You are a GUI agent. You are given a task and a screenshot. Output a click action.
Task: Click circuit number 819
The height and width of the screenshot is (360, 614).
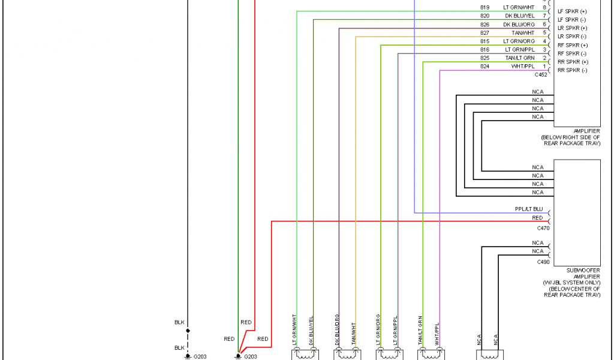tap(484, 7)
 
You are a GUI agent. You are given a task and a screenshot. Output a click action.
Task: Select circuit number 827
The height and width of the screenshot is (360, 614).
tap(484, 32)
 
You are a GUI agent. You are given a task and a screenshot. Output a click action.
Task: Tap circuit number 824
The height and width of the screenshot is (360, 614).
tap(484, 66)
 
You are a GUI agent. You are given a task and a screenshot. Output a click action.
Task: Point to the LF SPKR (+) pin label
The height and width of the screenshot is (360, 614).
tap(572, 11)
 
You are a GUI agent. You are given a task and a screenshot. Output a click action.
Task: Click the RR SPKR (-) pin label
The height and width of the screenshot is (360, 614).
tap(572, 70)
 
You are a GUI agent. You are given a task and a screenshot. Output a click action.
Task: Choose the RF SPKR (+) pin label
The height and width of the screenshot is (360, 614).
tap(572, 45)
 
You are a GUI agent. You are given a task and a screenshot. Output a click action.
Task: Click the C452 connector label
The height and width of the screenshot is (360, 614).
tap(542, 74)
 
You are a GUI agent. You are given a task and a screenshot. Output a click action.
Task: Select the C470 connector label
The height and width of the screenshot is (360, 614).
tap(543, 228)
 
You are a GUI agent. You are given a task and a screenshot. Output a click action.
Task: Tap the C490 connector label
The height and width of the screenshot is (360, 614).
tap(543, 262)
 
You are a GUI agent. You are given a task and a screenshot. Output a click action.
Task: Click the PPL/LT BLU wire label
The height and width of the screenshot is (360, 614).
tap(529, 209)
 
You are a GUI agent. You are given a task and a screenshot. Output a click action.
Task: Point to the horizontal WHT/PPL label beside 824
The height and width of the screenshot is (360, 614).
tap(523, 66)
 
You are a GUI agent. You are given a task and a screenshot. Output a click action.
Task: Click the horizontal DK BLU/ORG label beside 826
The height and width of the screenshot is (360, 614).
tap(519, 24)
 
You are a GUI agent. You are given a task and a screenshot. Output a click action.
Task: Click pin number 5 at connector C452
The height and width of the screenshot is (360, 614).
tap(544, 32)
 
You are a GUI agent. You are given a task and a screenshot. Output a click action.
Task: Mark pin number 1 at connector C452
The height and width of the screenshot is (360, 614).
tap(544, 66)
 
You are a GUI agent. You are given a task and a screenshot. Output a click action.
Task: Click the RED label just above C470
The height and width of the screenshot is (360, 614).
tap(537, 218)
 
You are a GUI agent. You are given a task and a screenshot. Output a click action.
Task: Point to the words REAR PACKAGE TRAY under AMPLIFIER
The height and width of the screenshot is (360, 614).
tap(571, 143)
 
